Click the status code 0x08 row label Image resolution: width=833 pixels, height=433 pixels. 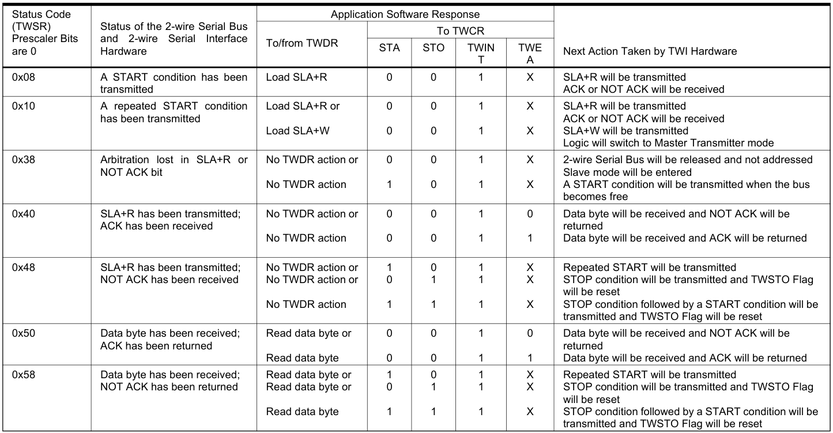coord(23,77)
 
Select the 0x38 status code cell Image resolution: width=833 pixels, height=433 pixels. coord(23,160)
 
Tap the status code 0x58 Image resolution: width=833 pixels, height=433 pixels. coord(23,375)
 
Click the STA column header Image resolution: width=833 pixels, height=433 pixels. coord(389,48)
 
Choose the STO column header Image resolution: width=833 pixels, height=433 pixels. coord(434,48)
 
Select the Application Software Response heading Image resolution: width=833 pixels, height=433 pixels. coord(405,14)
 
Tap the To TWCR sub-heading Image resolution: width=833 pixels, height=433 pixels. coord(460,31)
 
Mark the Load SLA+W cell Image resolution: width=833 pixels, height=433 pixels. coord(297,131)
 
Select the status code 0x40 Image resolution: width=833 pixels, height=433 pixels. coord(23,214)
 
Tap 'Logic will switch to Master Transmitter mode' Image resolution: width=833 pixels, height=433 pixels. coord(668,143)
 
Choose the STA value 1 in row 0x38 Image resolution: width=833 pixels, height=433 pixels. coord(389,185)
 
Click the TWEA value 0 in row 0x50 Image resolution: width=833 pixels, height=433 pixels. coord(530,333)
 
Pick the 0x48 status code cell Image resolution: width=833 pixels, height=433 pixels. coord(23,268)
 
